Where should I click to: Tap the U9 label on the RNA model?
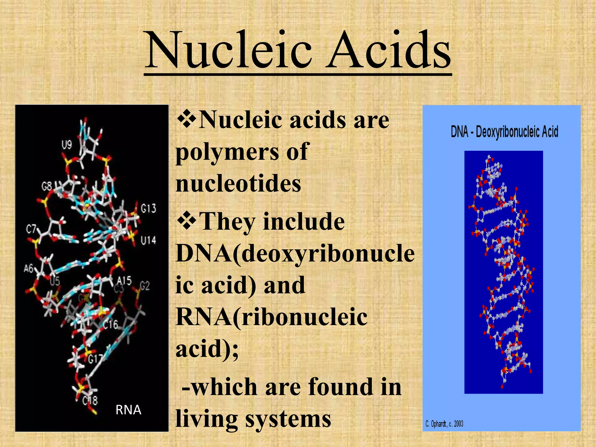[x=67, y=144]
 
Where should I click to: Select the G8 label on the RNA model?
[x=47, y=186]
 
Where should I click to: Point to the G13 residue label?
[x=148, y=208]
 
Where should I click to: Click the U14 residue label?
[x=148, y=240]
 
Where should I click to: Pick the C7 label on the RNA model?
[x=31, y=229]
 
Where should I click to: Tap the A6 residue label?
[x=29, y=268]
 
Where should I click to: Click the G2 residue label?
[x=145, y=286]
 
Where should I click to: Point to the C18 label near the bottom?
[x=90, y=401]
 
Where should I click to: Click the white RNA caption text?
[x=128, y=410]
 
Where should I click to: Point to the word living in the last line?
[x=206, y=419]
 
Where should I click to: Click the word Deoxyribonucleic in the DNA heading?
[x=508, y=132]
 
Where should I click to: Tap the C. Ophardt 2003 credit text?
[x=444, y=424]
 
